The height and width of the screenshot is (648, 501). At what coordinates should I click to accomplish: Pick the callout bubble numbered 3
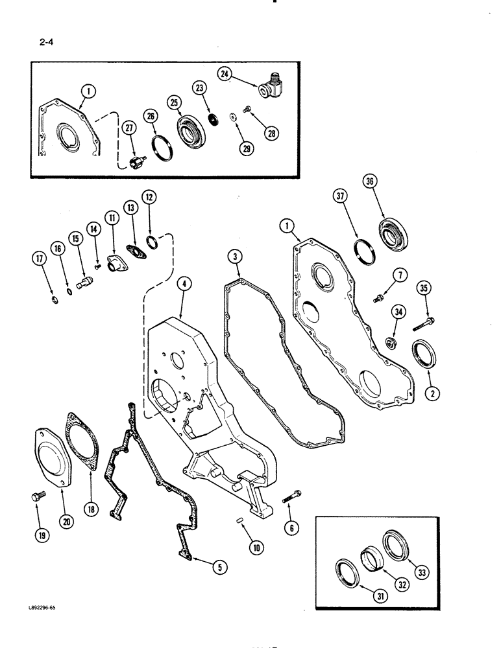(x=236, y=259)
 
